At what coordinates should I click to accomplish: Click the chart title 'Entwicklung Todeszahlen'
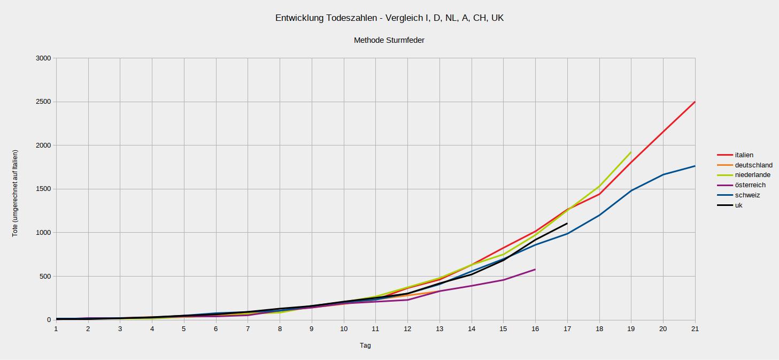pyautogui.click(x=389, y=18)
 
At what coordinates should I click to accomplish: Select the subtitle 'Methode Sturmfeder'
pyautogui.click(x=389, y=40)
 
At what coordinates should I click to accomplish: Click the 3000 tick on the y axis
pyautogui.click(x=43, y=58)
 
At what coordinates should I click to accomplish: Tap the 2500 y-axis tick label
pyautogui.click(x=43, y=102)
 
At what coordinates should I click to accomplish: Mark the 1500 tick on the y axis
pyautogui.click(x=43, y=189)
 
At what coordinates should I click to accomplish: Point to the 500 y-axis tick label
pyautogui.click(x=45, y=277)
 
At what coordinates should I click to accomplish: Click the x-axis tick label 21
pyautogui.click(x=695, y=329)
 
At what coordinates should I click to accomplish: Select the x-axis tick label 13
pyautogui.click(x=439, y=329)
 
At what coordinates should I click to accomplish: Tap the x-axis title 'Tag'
pyautogui.click(x=365, y=346)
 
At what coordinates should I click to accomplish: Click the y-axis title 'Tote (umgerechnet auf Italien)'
pyautogui.click(x=16, y=193)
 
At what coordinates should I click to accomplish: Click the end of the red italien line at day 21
pyautogui.click(x=695, y=102)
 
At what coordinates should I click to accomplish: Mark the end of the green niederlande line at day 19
pyautogui.click(x=631, y=152)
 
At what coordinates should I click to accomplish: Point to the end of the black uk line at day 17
pyautogui.click(x=567, y=224)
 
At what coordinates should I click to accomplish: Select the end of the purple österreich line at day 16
pyautogui.click(x=535, y=269)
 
